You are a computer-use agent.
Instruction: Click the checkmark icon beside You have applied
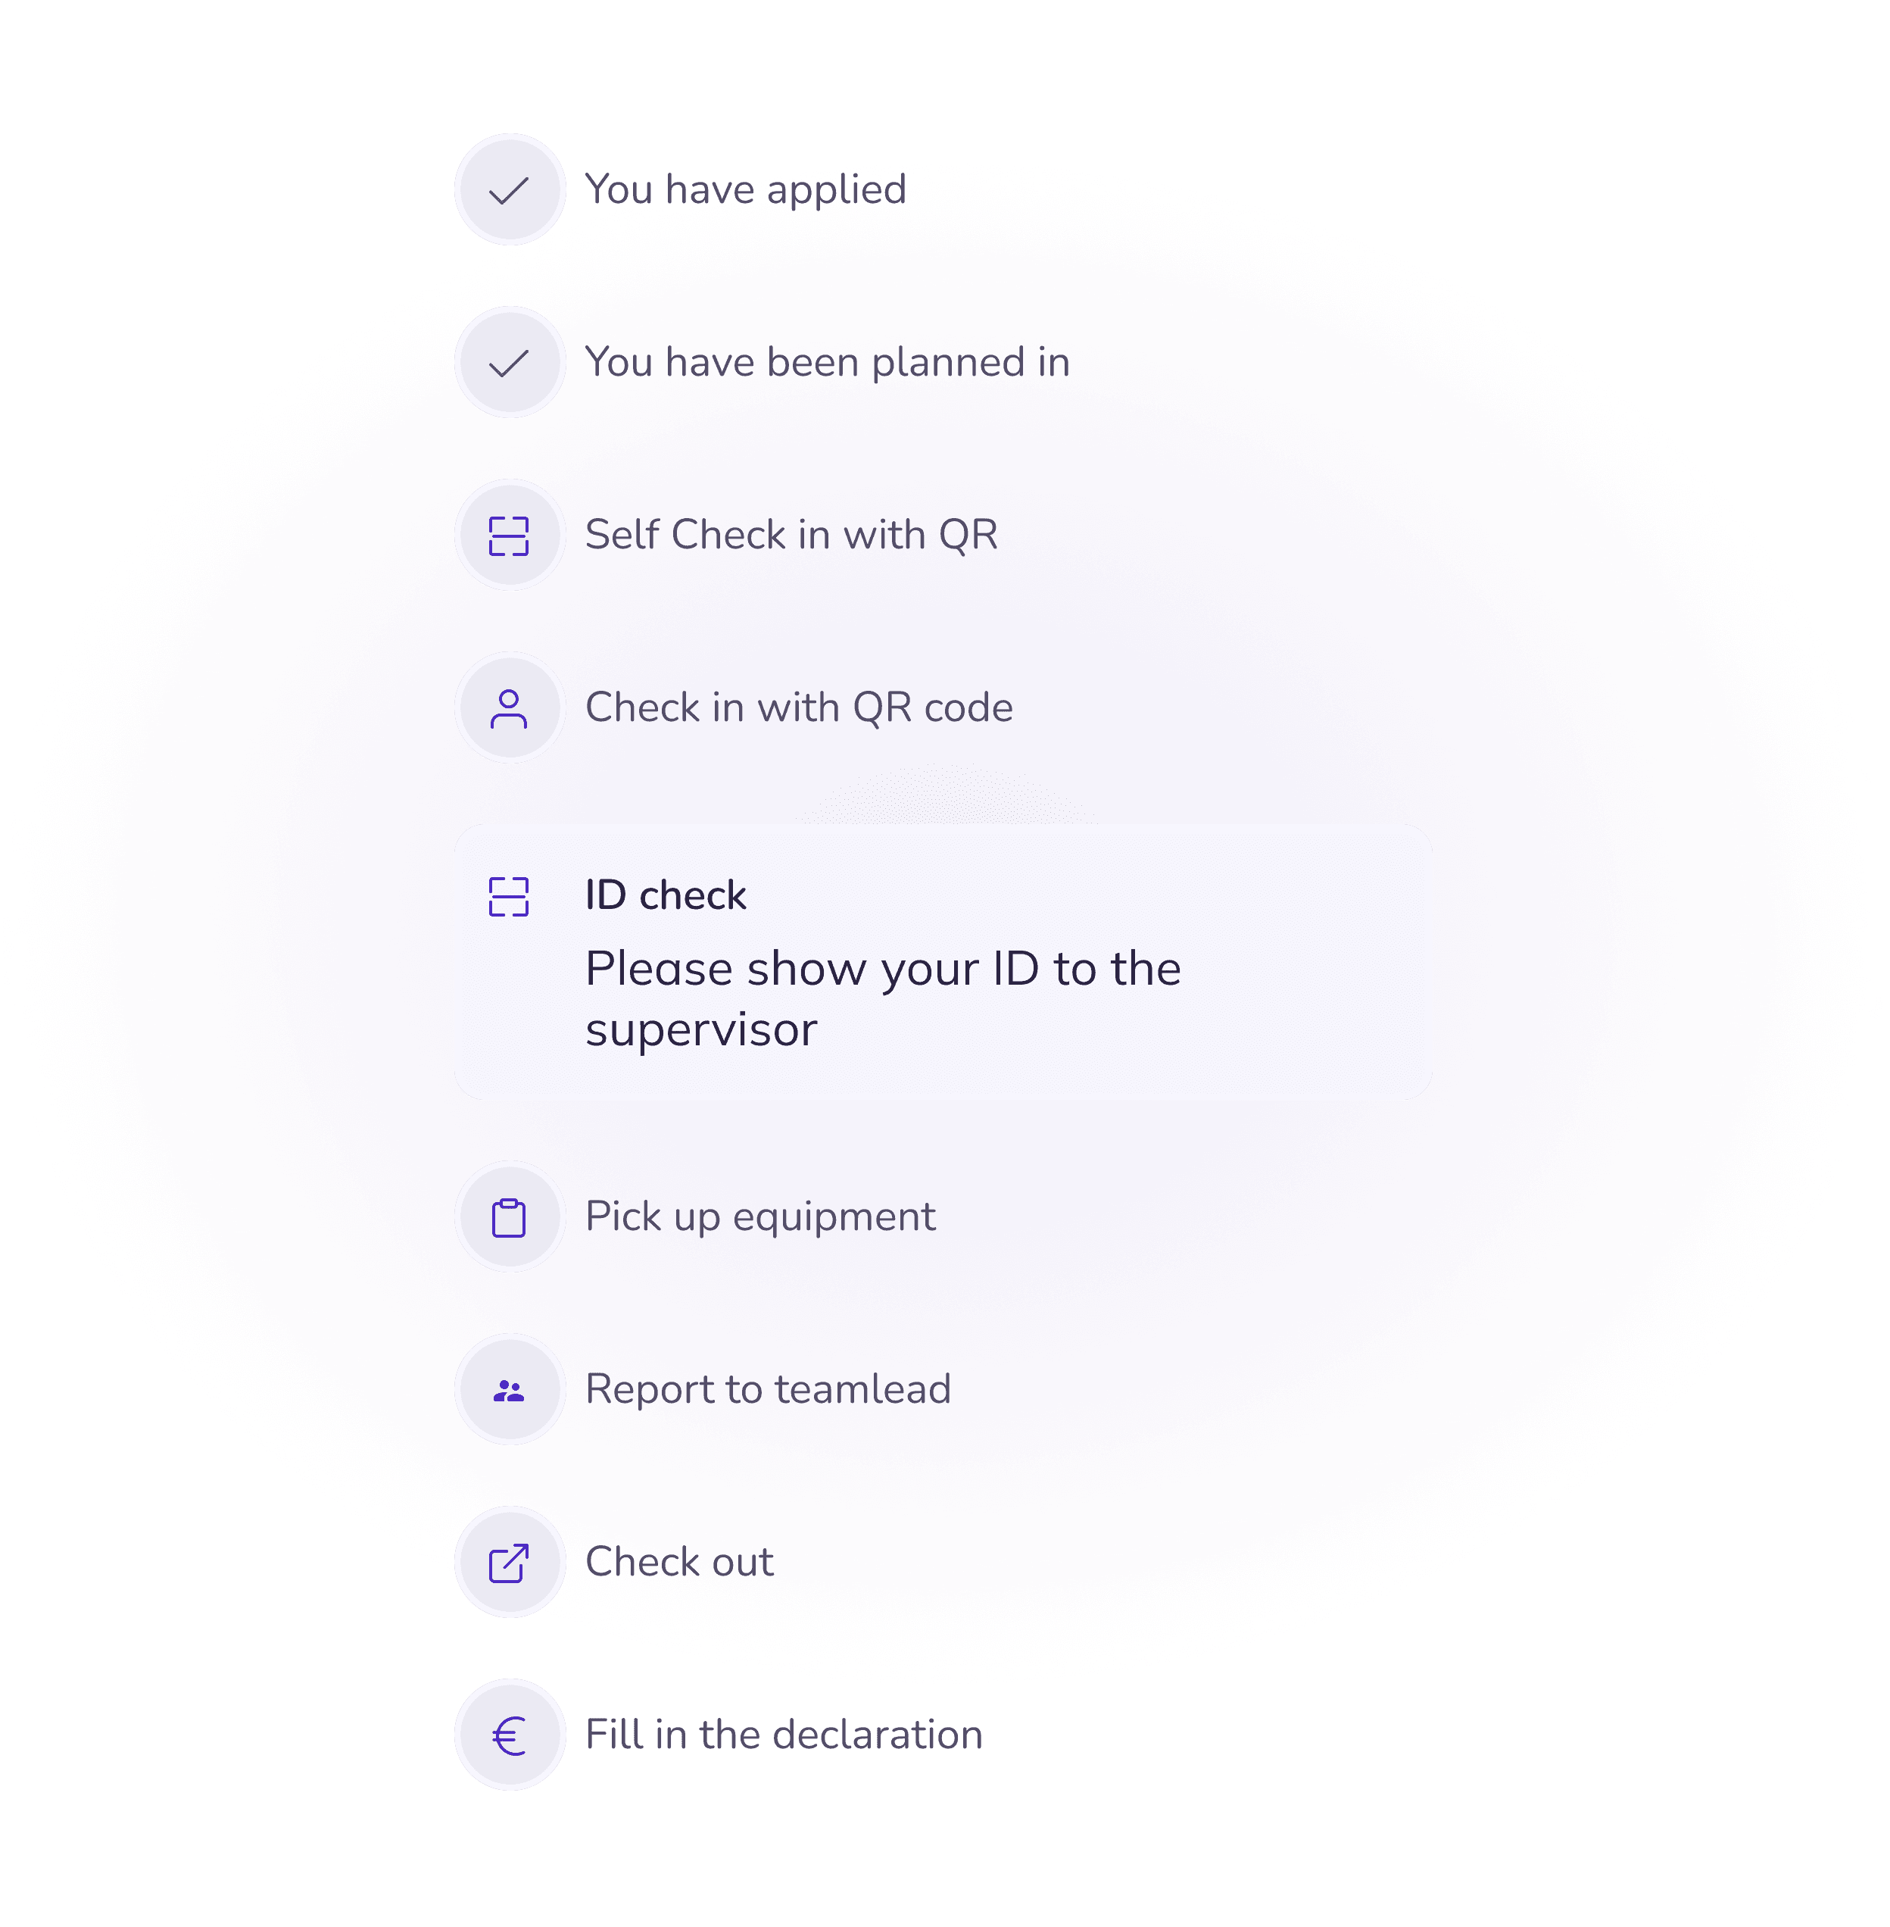click(x=510, y=189)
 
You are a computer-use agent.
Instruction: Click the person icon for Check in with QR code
click(x=510, y=709)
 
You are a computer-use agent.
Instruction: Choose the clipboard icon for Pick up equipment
click(x=510, y=1217)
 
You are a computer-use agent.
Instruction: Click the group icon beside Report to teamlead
click(x=510, y=1391)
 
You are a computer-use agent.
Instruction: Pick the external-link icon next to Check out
click(x=510, y=1563)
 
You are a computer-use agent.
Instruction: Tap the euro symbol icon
click(x=510, y=1736)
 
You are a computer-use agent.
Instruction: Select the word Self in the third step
click(x=622, y=535)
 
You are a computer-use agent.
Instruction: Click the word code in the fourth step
click(x=968, y=708)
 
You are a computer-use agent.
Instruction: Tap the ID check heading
click(x=665, y=895)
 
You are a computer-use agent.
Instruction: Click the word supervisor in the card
click(x=701, y=1030)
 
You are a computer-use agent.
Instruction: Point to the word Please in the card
click(x=658, y=969)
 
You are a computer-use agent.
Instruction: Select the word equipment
click(x=834, y=1217)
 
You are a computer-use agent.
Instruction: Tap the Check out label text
click(x=679, y=1563)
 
